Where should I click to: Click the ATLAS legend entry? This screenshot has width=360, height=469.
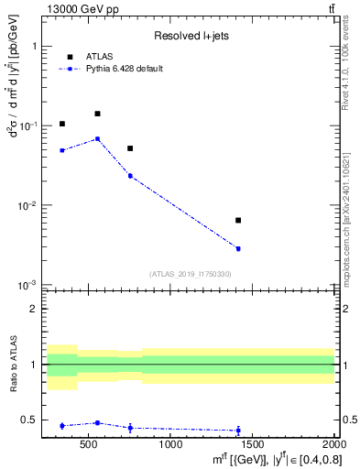(98, 56)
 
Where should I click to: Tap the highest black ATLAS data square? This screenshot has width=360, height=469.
(97, 114)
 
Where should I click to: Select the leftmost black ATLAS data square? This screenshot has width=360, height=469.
(62, 124)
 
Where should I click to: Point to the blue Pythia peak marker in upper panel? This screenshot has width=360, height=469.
(97, 138)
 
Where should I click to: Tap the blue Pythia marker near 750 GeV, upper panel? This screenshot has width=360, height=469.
(130, 175)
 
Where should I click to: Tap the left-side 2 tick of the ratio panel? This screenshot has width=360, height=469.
(36, 309)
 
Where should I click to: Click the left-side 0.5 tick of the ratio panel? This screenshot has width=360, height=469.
(33, 420)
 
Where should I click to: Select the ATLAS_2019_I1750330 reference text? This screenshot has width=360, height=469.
(190, 274)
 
